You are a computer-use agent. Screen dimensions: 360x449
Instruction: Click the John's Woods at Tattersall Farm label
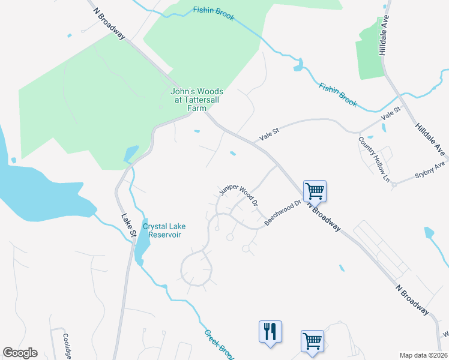click(188, 100)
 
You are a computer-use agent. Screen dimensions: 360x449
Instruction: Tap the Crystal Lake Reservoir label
click(164, 230)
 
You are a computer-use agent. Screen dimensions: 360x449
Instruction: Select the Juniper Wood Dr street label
click(238, 195)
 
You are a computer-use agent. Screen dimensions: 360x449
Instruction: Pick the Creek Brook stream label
click(218, 343)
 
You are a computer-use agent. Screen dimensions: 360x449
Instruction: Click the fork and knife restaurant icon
click(270, 331)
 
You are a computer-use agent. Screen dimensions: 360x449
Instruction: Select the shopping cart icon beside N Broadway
click(315, 191)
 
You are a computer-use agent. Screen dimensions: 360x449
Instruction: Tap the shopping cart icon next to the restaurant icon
click(312, 341)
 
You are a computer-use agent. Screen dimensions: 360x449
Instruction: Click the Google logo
click(20, 353)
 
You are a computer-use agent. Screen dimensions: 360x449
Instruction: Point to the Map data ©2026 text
click(423, 355)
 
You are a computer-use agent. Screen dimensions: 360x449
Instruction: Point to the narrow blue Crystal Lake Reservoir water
click(142, 243)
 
